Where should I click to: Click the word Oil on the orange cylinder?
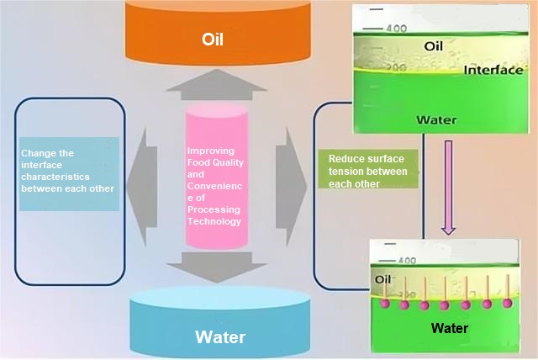pyautogui.click(x=212, y=39)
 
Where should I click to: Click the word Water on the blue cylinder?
pyautogui.click(x=220, y=337)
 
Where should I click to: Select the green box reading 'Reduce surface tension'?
pyautogui.click(x=367, y=171)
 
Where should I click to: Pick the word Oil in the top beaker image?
pyautogui.click(x=434, y=47)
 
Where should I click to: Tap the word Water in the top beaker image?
pyautogui.click(x=436, y=120)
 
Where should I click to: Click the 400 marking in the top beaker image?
pyautogui.click(x=396, y=29)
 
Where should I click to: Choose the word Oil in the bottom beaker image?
pyautogui.click(x=383, y=279)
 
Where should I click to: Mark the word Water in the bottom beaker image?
pyautogui.click(x=449, y=328)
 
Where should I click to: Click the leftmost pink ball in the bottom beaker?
pyautogui.click(x=386, y=304)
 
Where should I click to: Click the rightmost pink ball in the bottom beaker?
pyautogui.click(x=506, y=303)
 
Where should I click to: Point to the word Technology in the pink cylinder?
pyautogui.click(x=214, y=221)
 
